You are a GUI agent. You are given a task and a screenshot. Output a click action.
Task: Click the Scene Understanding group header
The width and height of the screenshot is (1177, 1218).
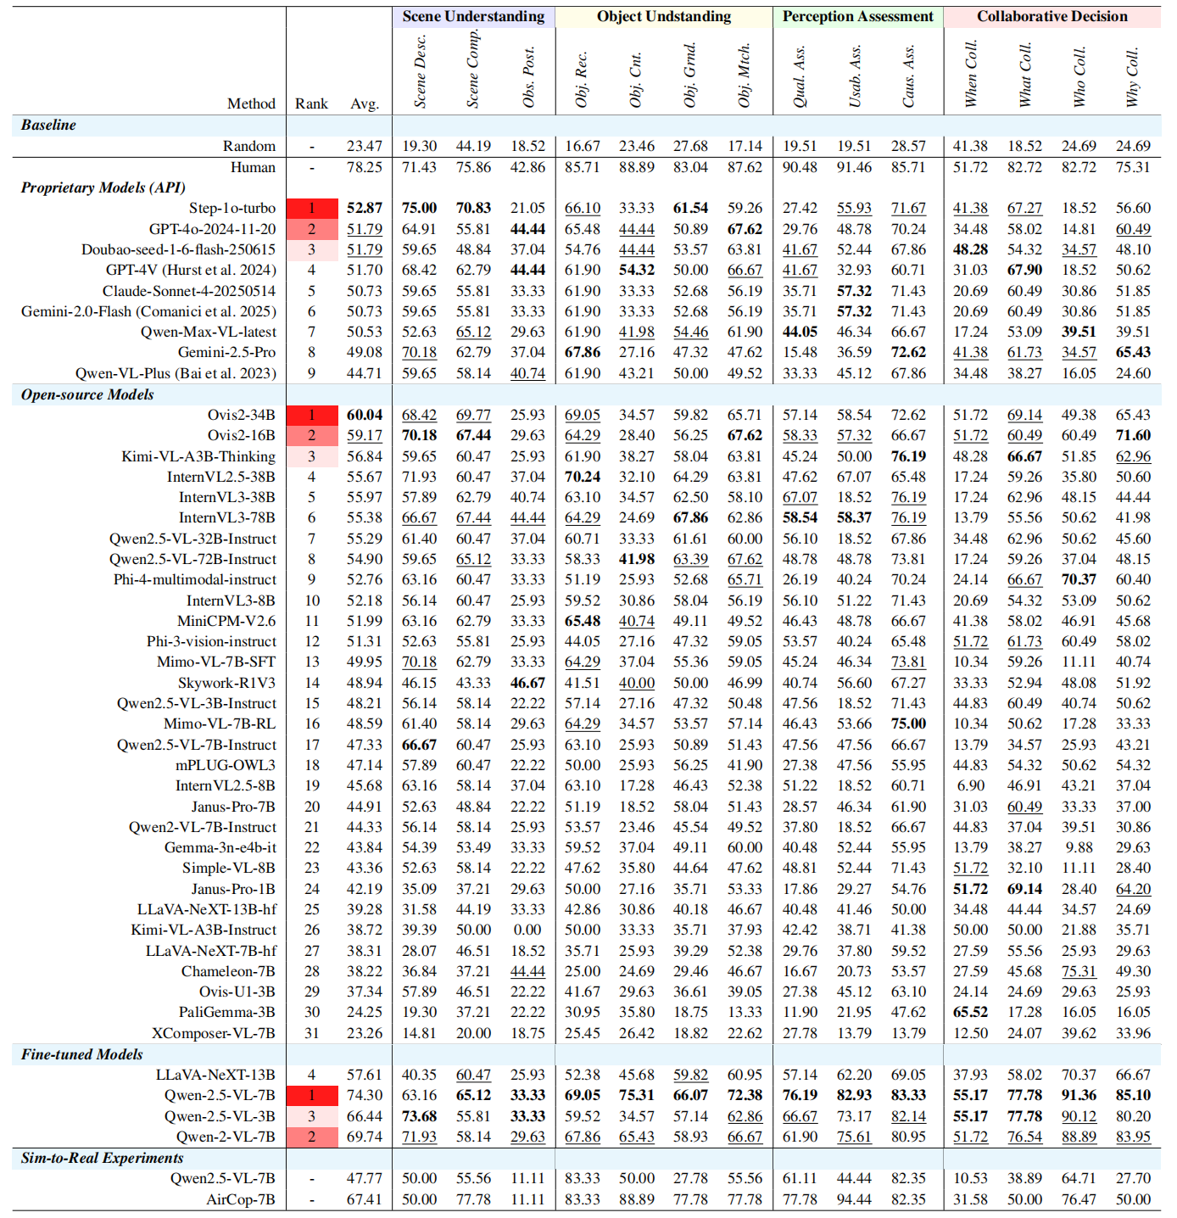[x=473, y=16]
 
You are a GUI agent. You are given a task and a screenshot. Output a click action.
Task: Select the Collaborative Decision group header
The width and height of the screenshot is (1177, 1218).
[x=1051, y=16]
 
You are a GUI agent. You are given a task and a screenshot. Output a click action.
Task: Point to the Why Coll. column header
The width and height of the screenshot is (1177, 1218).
[x=1132, y=77]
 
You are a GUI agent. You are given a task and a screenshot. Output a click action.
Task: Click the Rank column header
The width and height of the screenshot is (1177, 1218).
[x=311, y=103]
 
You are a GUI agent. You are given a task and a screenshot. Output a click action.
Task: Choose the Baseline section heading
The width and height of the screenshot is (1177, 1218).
[x=48, y=125]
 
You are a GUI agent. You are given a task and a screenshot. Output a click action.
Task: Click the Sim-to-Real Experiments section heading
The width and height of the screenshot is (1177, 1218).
[x=102, y=1158]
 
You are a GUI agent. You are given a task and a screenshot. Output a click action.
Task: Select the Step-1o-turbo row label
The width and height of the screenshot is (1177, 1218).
[x=231, y=208]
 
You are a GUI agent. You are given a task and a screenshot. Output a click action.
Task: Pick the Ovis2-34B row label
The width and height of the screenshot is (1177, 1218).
[x=241, y=415]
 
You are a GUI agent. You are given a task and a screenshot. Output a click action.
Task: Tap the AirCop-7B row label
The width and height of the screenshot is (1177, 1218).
[x=240, y=1199]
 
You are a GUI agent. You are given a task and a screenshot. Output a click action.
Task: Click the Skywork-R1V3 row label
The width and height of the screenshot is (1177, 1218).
[x=226, y=683]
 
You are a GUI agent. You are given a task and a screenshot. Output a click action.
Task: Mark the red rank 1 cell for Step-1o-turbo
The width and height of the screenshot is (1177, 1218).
[x=311, y=208]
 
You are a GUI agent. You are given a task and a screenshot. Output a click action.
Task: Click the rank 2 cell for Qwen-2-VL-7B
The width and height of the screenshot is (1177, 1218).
[x=311, y=1137]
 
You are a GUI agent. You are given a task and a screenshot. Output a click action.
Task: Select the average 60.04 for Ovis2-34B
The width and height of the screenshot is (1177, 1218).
[x=365, y=415]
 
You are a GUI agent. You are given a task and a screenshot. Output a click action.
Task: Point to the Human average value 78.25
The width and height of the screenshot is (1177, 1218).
[x=365, y=167]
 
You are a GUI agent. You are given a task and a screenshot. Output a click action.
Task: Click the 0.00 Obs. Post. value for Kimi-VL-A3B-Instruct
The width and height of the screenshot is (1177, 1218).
[x=527, y=930]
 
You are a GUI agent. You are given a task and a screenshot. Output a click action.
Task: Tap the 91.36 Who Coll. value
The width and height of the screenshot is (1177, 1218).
[x=1079, y=1095]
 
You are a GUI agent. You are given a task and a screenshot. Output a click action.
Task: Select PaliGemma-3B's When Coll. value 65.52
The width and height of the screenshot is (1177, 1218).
[x=970, y=1012]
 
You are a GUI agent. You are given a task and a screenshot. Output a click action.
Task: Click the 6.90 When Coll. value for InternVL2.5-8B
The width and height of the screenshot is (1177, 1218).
[x=970, y=785]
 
